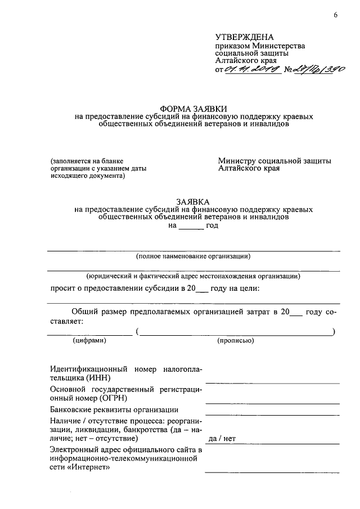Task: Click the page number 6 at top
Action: click(x=335, y=15)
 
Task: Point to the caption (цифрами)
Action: click(x=89, y=340)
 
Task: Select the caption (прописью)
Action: click(x=235, y=340)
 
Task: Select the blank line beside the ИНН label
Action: click(x=272, y=382)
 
